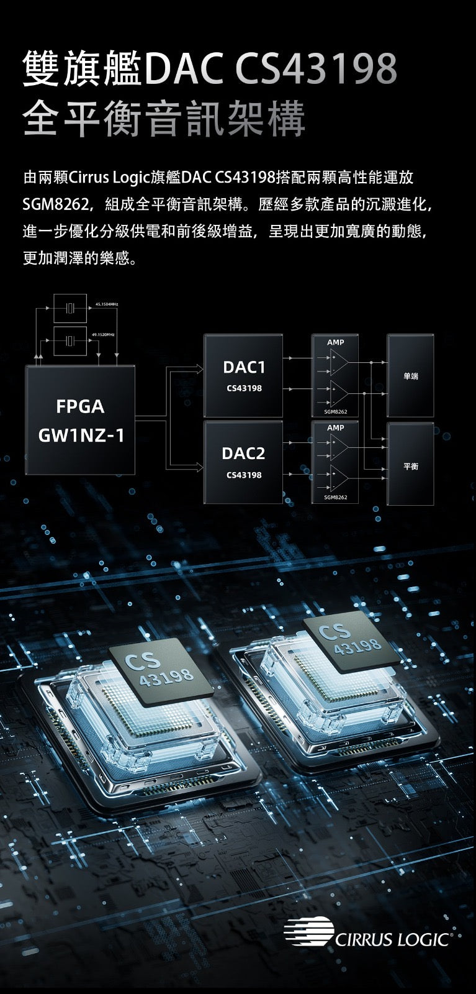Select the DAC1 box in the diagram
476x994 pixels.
243,375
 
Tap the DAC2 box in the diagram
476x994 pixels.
243,462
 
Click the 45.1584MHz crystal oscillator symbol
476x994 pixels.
70,308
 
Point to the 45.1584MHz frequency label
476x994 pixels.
107,304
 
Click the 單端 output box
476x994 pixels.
410,375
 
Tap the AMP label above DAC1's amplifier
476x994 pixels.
335,342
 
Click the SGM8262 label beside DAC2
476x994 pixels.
335,498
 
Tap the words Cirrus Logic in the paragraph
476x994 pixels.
110,178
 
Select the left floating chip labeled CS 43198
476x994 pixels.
160,671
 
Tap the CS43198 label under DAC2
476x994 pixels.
243,475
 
